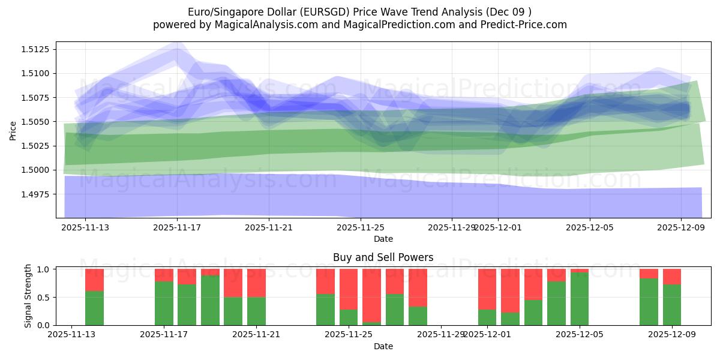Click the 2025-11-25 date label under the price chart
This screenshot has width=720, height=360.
coord(361,227)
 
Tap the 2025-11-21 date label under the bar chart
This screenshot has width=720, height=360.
coord(256,335)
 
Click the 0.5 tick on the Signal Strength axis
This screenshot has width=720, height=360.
coord(45,298)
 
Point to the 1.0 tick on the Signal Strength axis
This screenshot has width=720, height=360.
coord(45,269)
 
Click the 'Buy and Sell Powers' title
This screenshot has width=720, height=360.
coord(383,257)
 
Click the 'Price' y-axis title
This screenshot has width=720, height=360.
coord(13,130)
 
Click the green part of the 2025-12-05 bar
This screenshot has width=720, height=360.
coord(580,299)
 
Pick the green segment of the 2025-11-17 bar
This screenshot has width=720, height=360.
coord(164,303)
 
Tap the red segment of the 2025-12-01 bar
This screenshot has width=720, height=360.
coord(487,289)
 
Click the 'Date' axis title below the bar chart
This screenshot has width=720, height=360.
coord(383,346)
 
